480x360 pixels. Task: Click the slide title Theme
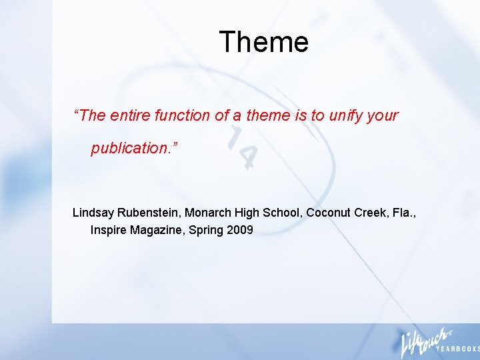click(263, 42)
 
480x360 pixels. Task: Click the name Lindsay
click(93, 213)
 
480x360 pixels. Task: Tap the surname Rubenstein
click(148, 213)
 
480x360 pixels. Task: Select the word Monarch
click(207, 213)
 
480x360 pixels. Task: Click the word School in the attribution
click(280, 213)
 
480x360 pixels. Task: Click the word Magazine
click(159, 231)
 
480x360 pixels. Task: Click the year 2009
click(240, 231)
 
